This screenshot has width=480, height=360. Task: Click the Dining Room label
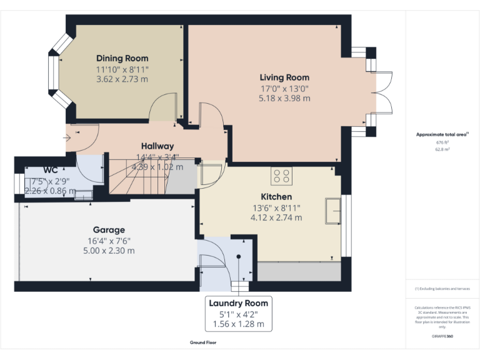(122, 58)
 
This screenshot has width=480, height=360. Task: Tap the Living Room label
(284, 77)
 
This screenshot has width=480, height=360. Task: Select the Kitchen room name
(276, 197)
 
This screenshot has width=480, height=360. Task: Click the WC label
(51, 169)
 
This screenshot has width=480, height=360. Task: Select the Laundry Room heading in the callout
(238, 303)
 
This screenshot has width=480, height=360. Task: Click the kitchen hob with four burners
(281, 176)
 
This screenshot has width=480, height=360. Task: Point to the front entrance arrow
(67, 137)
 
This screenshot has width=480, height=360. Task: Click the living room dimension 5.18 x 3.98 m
(284, 98)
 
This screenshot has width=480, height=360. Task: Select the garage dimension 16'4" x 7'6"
(109, 241)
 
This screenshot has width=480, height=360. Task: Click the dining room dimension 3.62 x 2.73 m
(122, 79)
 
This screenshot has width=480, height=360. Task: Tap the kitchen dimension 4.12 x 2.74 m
(276, 217)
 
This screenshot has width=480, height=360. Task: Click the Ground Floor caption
(203, 342)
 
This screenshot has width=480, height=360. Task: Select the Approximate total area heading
(441, 134)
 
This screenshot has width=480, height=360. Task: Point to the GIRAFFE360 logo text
(441, 336)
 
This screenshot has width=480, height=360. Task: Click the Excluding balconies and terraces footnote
(441, 289)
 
